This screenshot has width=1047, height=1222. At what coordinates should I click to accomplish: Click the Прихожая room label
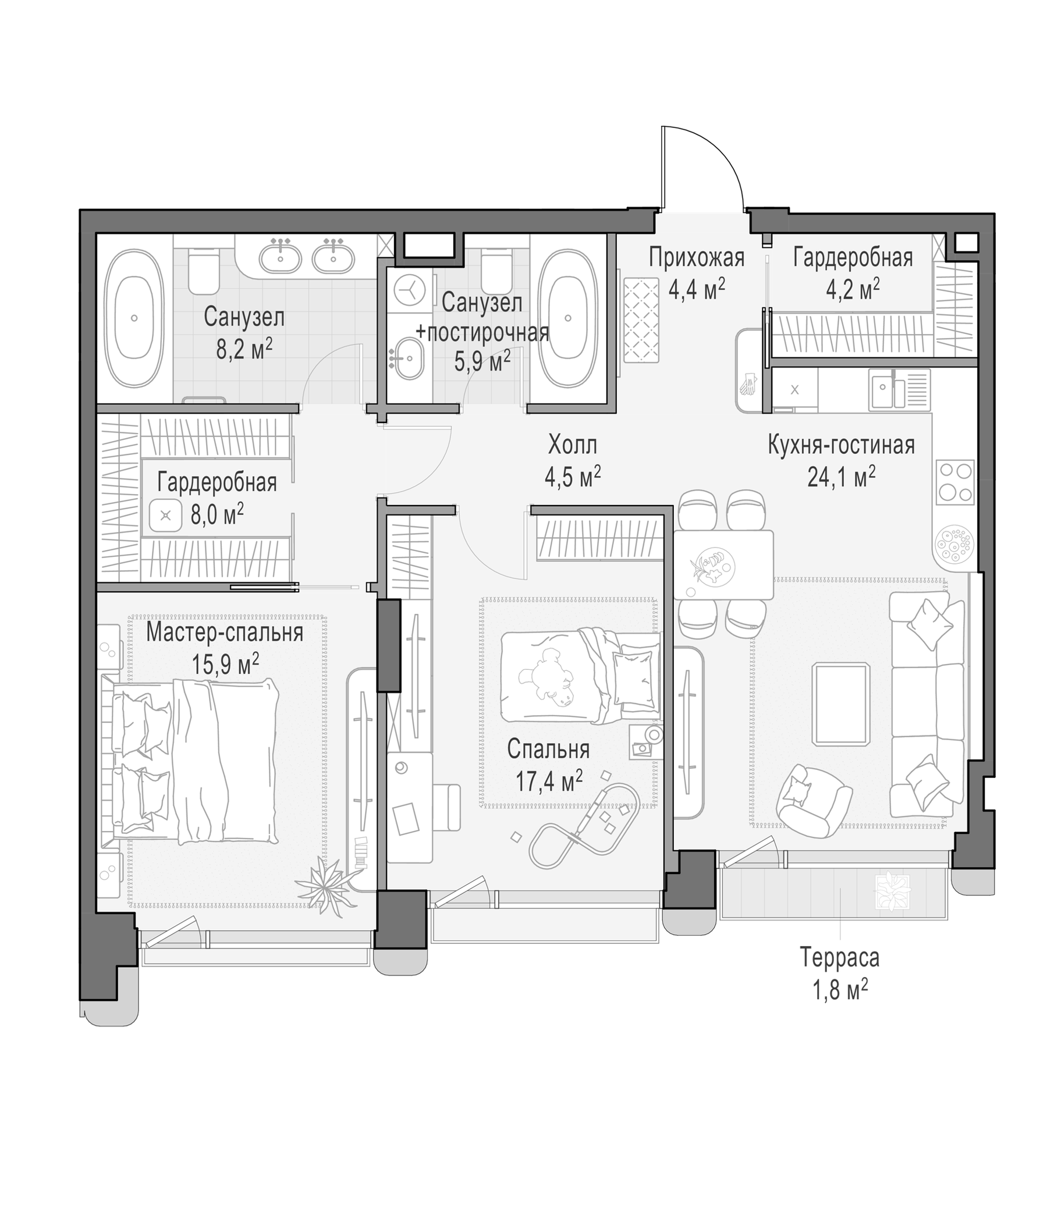tap(696, 258)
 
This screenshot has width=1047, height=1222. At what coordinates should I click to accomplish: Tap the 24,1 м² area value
tap(840, 476)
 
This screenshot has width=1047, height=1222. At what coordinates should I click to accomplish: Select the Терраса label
tap(839, 957)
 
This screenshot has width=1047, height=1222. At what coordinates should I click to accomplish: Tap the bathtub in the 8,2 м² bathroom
tap(134, 318)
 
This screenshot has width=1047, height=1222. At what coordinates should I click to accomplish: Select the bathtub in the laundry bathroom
tap(567, 318)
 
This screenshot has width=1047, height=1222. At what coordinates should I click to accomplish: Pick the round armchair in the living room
tap(814, 800)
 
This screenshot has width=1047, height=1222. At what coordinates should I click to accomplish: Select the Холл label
tap(572, 445)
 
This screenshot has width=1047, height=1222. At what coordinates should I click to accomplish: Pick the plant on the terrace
tap(893, 892)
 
